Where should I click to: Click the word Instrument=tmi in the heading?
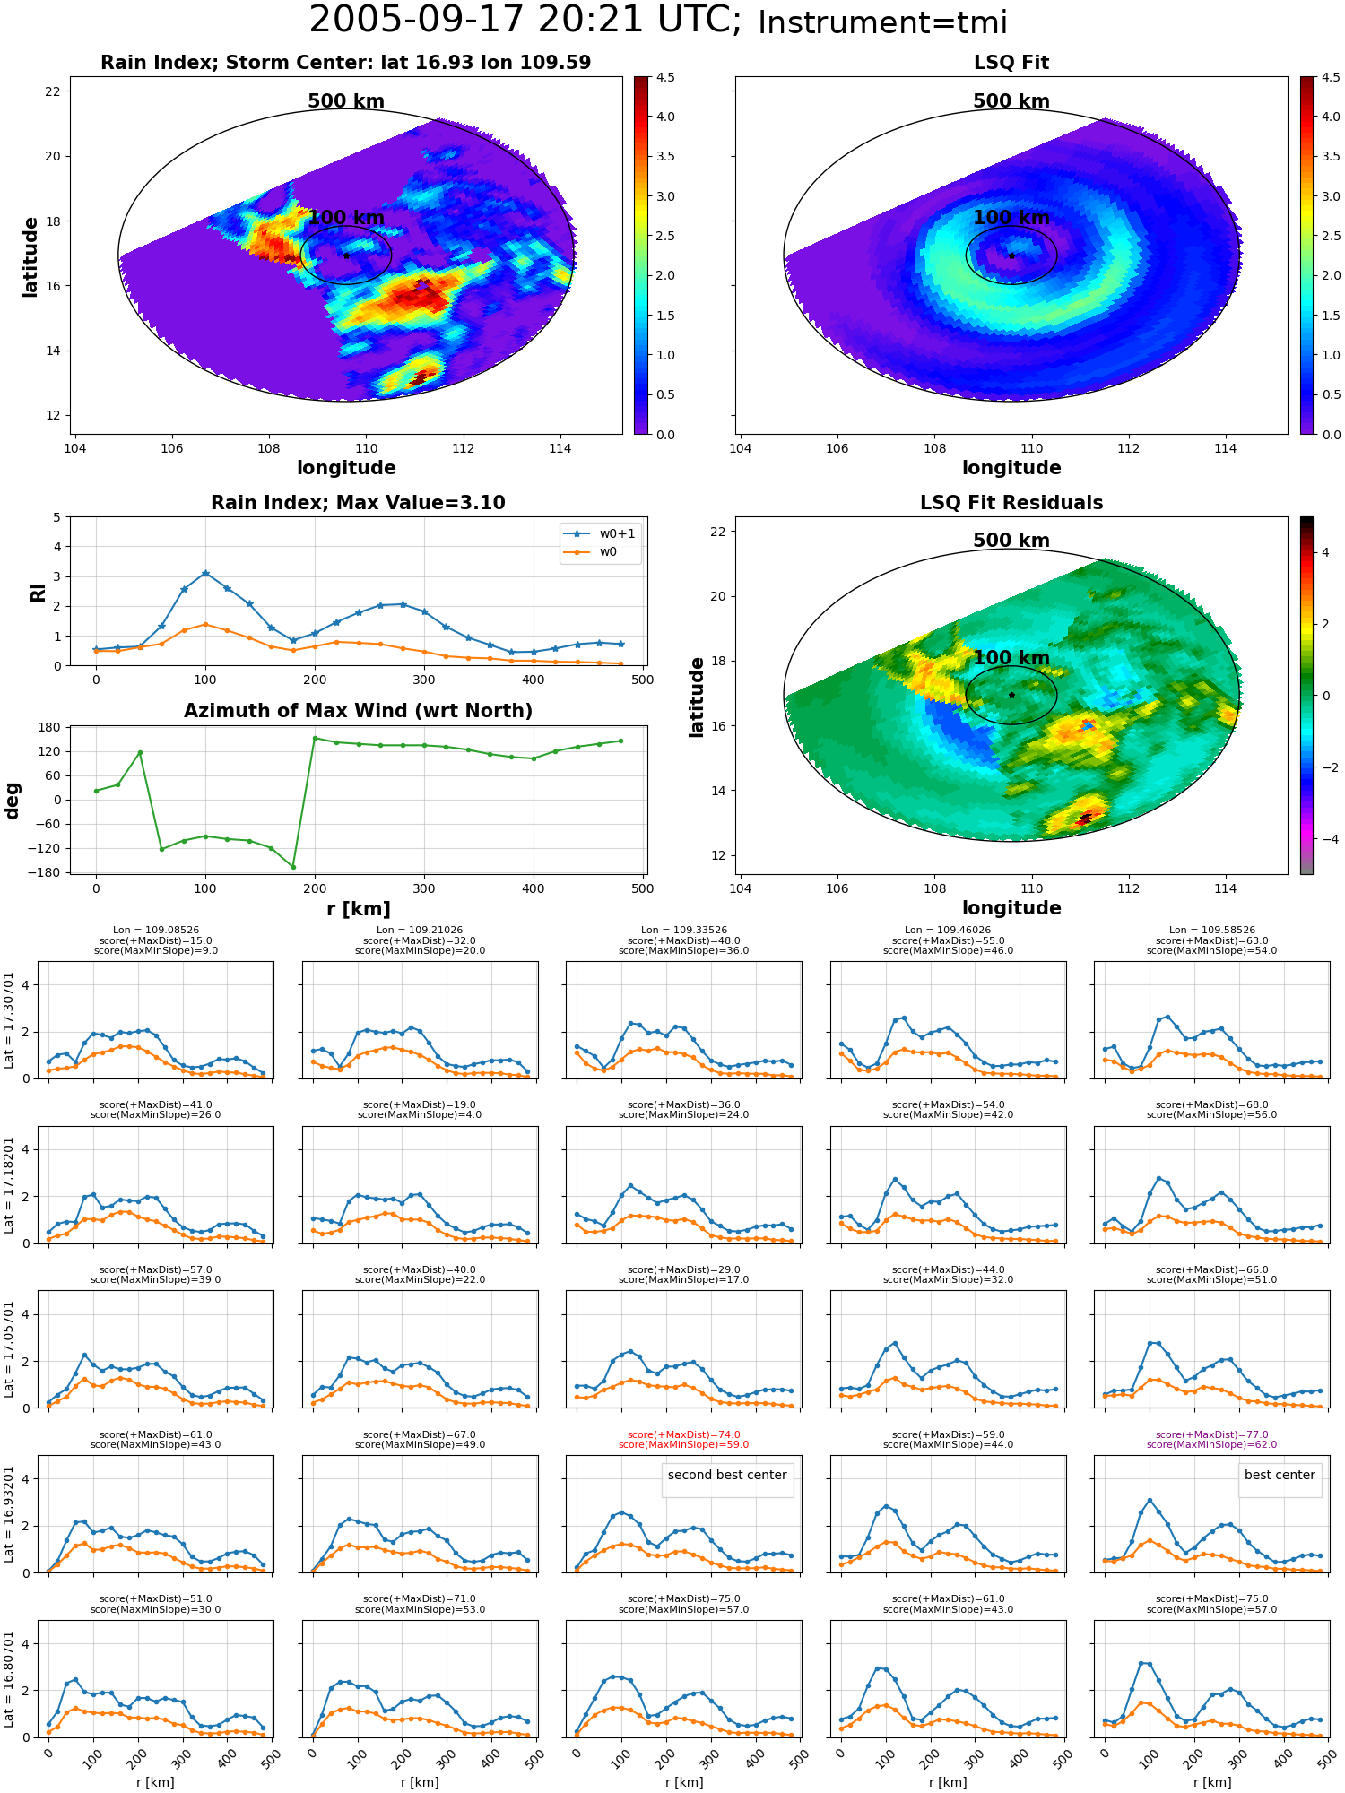[x=882, y=22]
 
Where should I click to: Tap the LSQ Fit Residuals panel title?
[x=1011, y=503]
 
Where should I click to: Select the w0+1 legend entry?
[x=601, y=533]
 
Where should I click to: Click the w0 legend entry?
[x=591, y=551]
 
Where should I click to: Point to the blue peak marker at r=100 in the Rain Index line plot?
[x=205, y=573]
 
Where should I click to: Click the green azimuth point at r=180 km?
[x=292, y=867]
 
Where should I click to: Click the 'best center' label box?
[x=1280, y=1475]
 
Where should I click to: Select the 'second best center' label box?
[x=727, y=1475]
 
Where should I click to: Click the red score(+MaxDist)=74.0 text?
[x=684, y=1434]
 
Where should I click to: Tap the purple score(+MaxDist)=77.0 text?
[x=1212, y=1434]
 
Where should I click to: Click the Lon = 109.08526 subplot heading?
[x=156, y=931]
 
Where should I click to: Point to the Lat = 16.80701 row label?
[x=10, y=1679]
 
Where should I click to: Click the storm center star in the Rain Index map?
[x=346, y=256]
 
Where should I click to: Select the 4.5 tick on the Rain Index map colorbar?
[x=665, y=77]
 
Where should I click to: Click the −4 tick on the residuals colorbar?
[x=1324, y=839]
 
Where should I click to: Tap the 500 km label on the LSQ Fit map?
[x=1011, y=101]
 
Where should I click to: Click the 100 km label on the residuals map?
[x=1011, y=658]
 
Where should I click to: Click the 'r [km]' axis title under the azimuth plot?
[x=359, y=909]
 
